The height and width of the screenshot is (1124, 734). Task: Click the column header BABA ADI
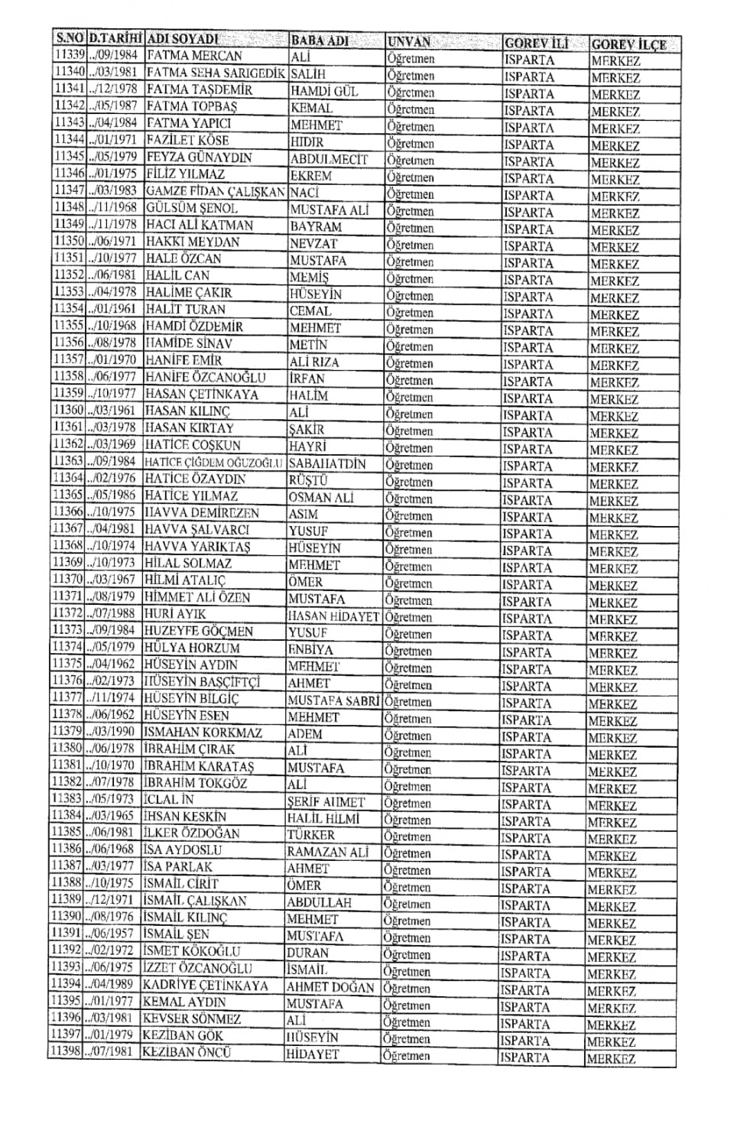tap(319, 41)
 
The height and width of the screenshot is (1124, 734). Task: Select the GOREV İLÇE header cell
tap(628, 44)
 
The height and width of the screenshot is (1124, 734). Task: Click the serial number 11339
tap(69, 56)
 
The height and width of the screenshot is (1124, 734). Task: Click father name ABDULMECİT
tap(329, 160)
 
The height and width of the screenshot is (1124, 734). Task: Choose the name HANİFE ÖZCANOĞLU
tap(205, 378)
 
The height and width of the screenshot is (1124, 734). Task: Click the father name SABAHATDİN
tap(327, 464)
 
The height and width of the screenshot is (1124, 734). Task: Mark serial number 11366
tap(67, 512)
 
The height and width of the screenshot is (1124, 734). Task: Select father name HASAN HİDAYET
tap(333, 616)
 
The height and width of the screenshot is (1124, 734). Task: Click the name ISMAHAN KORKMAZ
tap(203, 733)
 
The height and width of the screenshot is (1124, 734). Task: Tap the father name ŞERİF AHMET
tap(326, 803)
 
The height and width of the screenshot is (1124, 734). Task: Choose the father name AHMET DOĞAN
tap(330, 988)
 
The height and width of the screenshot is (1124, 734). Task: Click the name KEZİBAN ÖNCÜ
tap(187, 1052)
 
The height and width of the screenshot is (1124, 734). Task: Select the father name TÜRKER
tap(310, 836)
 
